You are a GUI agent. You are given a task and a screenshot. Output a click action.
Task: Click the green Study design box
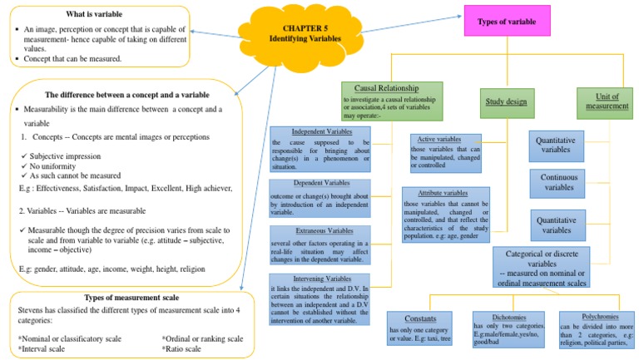[x=505, y=102]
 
